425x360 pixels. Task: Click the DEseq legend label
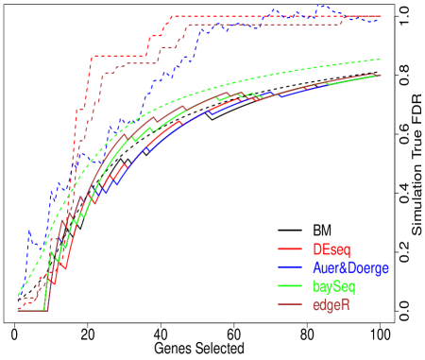pyautogui.click(x=331, y=249)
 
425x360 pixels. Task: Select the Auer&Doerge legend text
pyautogui.click(x=349, y=267)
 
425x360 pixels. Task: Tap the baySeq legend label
pyautogui.click(x=334, y=285)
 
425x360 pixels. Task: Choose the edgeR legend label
pyautogui.click(x=331, y=303)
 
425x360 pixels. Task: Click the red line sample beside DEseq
pyautogui.click(x=289, y=249)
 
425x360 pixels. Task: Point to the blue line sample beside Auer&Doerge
pyautogui.click(x=289, y=267)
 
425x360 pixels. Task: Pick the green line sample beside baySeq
pyautogui.click(x=289, y=285)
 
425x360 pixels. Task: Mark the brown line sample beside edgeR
pyautogui.click(x=289, y=303)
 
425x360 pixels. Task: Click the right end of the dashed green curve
pyautogui.click(x=381, y=60)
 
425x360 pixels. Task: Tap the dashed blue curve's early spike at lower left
pyautogui.click(x=28, y=231)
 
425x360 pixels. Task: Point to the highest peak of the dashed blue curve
pyautogui.click(x=321, y=6)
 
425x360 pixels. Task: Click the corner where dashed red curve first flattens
pyautogui.click(x=92, y=58)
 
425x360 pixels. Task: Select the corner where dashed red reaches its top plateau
pyautogui.click(x=169, y=17)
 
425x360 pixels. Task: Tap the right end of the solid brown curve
pyautogui.click(x=381, y=75)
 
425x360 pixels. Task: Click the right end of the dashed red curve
pyautogui.click(x=381, y=16)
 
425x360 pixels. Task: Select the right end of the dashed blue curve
pyautogui.click(x=381, y=19)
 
